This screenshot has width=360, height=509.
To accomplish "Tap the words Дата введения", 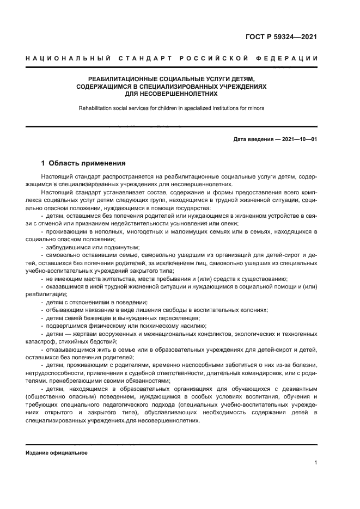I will [254, 139].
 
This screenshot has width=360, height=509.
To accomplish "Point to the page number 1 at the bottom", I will [315, 463].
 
